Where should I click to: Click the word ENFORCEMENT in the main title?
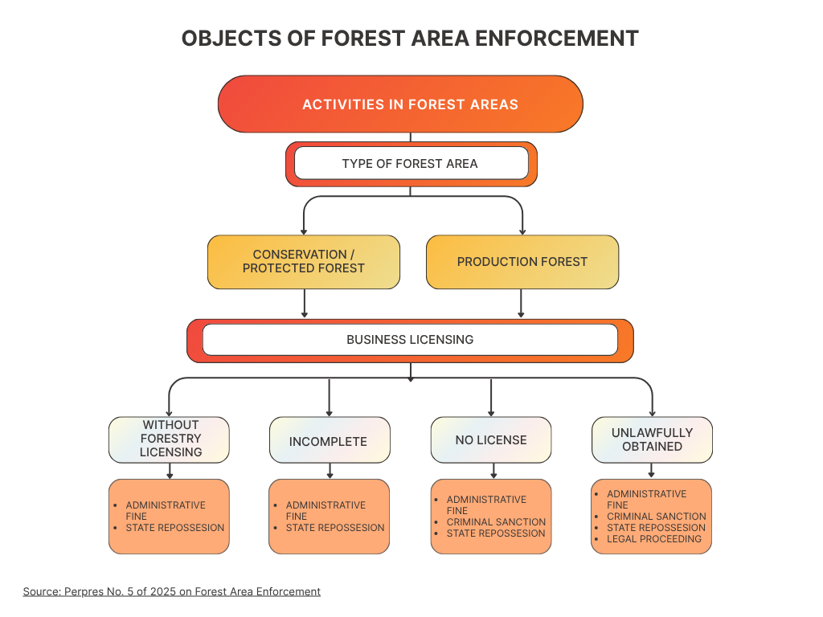557,39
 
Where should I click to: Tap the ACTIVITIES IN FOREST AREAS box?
400,104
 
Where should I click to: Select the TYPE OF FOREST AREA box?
411,164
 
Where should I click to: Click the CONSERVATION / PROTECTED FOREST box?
303,262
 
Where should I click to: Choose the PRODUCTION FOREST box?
522,262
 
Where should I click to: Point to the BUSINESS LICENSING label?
410,340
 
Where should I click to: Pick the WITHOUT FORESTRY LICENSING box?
169,439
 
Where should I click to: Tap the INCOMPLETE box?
330,439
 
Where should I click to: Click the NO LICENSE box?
491,439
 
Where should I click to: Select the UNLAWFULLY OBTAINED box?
652,439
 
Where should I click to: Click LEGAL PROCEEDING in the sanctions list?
654,539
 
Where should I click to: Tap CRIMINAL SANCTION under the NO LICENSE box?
496,522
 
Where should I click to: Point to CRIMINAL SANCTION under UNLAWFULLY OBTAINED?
657,517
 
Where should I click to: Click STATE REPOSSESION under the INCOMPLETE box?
335,528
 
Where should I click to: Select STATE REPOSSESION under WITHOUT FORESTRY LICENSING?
174,528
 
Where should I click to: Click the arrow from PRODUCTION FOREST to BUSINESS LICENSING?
521,303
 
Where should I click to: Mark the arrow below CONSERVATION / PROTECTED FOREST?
305,303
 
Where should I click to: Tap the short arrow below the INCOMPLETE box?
330,471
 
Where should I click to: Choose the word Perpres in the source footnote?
84,592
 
